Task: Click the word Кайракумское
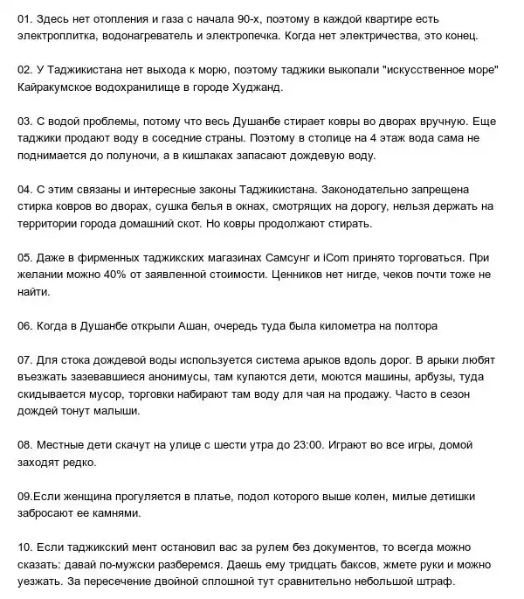point(59,88)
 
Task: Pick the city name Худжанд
point(279,88)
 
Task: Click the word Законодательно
point(368,189)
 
